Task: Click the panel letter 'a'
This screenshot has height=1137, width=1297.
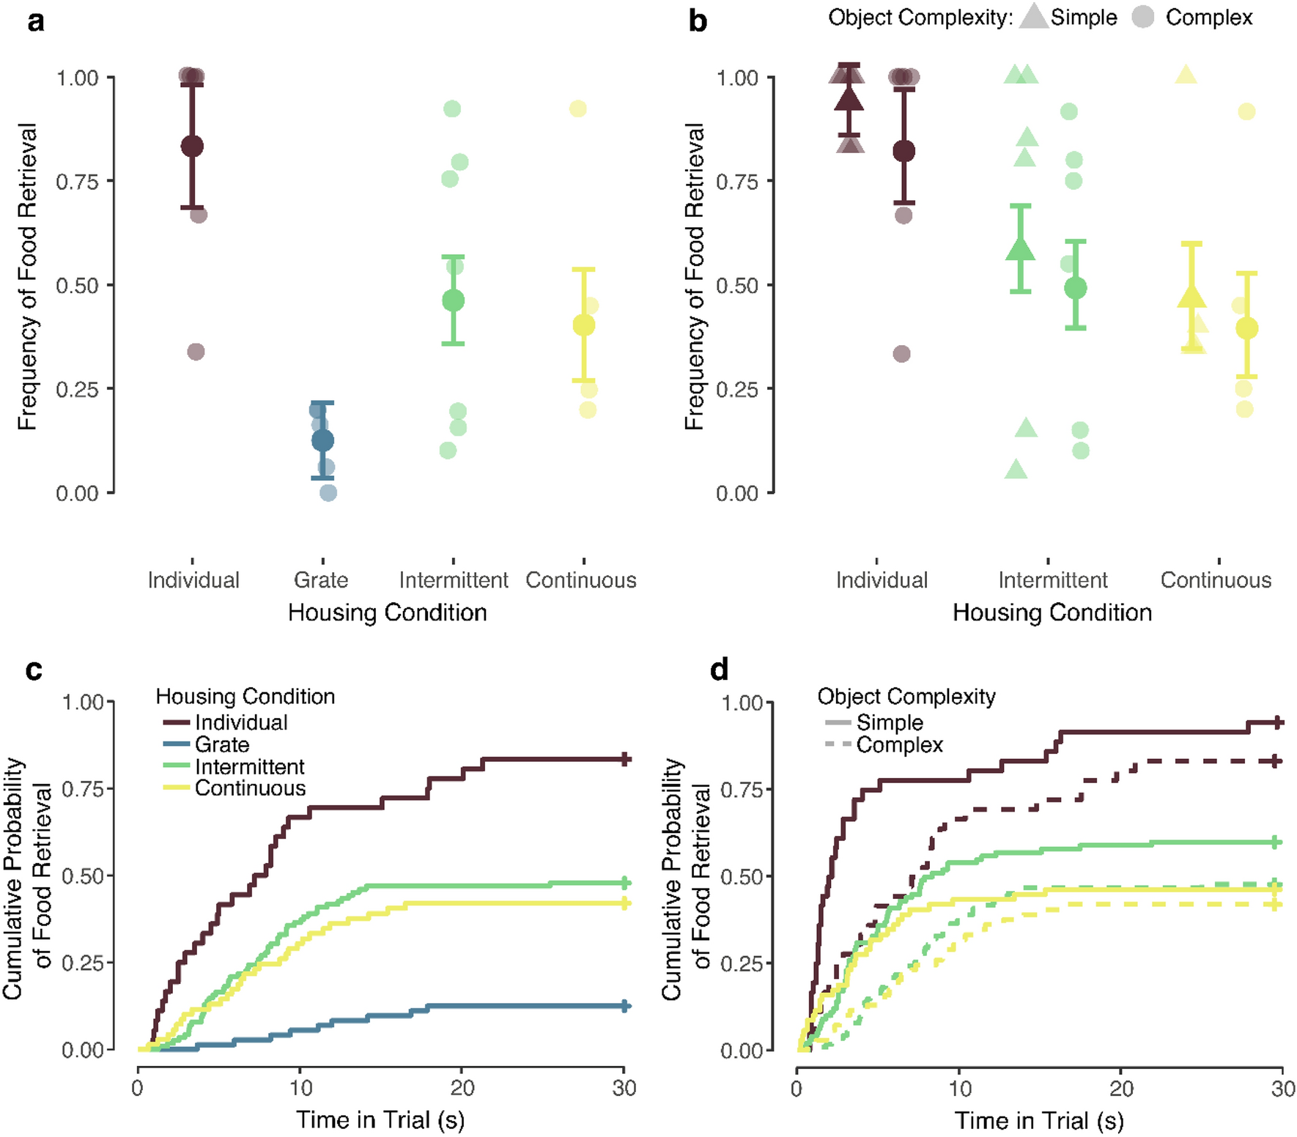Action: (x=35, y=22)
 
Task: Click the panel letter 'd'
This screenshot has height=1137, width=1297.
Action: (x=720, y=670)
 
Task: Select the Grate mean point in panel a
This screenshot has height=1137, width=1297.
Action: (x=322, y=440)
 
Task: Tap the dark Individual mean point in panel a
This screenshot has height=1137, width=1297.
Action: (x=192, y=146)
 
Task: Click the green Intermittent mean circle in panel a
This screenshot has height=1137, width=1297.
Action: (x=453, y=300)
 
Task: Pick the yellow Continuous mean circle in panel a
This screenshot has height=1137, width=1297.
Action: (x=583, y=325)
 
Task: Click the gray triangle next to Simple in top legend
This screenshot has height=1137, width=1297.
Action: (x=1033, y=17)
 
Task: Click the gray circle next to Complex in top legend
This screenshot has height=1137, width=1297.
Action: (x=1143, y=17)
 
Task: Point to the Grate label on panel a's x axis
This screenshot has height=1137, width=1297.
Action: (x=321, y=580)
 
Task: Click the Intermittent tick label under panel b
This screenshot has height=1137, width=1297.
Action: (x=1052, y=580)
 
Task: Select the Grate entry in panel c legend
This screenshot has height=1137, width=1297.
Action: (x=221, y=744)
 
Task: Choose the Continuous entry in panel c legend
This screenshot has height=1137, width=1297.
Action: (x=250, y=788)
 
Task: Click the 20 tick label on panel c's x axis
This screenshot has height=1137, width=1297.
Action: (x=462, y=1088)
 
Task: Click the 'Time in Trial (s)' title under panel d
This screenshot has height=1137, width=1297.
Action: (x=1038, y=1120)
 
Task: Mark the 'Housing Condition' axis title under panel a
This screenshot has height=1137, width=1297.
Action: (x=387, y=612)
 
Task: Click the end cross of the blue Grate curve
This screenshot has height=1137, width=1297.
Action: (x=624, y=1006)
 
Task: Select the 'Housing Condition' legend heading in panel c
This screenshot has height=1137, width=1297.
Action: (x=245, y=696)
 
